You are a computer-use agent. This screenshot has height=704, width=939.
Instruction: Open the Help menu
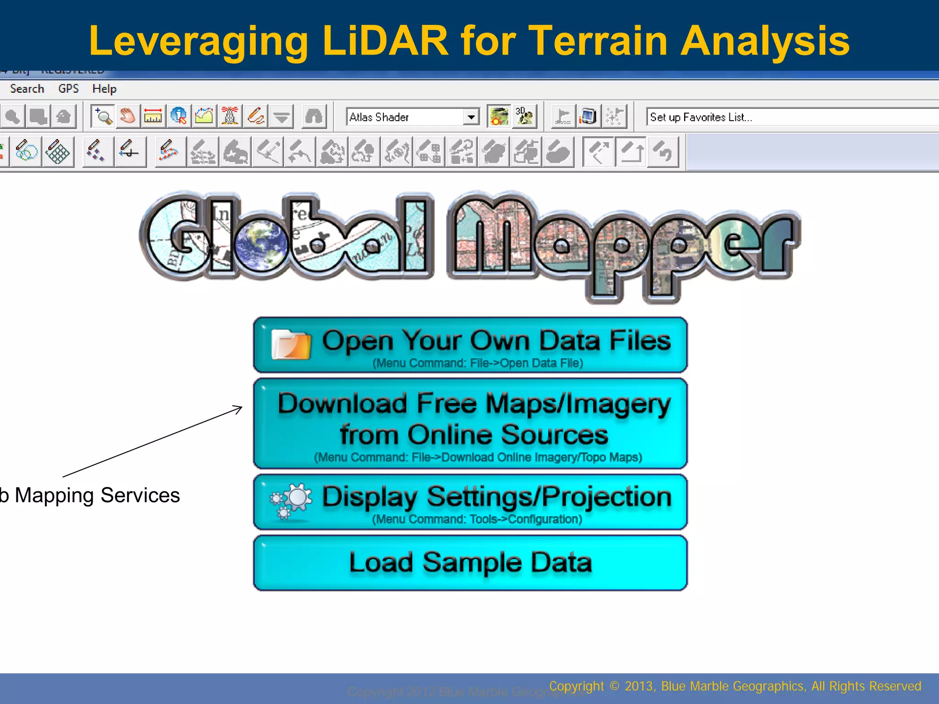(x=104, y=88)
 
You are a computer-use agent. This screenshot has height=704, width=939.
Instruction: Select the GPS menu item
(x=68, y=88)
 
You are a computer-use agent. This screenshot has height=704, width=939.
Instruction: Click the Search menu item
(x=27, y=88)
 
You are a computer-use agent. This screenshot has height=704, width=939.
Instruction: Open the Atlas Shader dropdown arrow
(x=471, y=117)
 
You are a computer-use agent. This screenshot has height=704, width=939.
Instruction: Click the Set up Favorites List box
(x=789, y=117)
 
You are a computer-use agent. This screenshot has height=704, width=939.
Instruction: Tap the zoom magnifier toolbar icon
(x=103, y=116)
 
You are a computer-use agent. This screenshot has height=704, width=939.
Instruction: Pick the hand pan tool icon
(x=127, y=116)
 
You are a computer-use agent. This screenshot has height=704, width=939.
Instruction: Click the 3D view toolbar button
(x=524, y=116)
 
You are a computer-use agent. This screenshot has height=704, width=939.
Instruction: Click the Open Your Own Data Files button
(x=470, y=345)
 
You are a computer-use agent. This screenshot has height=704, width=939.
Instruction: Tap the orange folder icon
(x=291, y=345)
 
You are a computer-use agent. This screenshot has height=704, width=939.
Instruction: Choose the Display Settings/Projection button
(x=470, y=502)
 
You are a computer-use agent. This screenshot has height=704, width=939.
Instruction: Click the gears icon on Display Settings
(x=291, y=501)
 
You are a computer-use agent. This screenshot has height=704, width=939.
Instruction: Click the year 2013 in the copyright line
(x=640, y=686)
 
